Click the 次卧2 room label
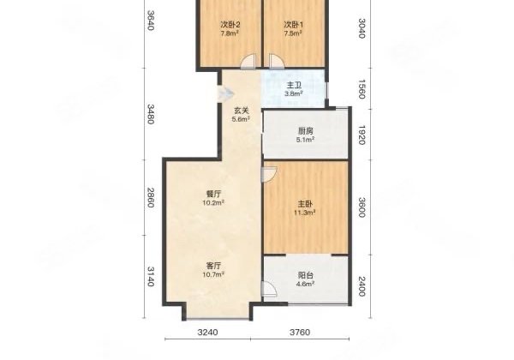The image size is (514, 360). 230,25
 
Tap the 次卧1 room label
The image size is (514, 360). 293,25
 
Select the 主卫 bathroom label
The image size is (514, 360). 294,86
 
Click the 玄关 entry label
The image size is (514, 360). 242,111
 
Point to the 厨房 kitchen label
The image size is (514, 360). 306,131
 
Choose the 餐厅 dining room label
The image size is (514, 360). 213,195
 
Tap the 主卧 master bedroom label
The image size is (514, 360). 305,204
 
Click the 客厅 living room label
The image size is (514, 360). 213,266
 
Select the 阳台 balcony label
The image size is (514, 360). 306,275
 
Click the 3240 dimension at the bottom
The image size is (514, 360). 208,332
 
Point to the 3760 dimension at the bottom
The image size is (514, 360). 300,332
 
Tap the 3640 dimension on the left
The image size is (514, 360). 150,21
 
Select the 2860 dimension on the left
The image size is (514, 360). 150,198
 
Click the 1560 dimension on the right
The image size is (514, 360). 362,89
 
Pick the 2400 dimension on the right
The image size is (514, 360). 362,286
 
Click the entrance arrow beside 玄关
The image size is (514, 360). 226,94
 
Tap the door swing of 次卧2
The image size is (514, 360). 248,61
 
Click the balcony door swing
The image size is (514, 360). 269,289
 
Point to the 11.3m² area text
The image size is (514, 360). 305,213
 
